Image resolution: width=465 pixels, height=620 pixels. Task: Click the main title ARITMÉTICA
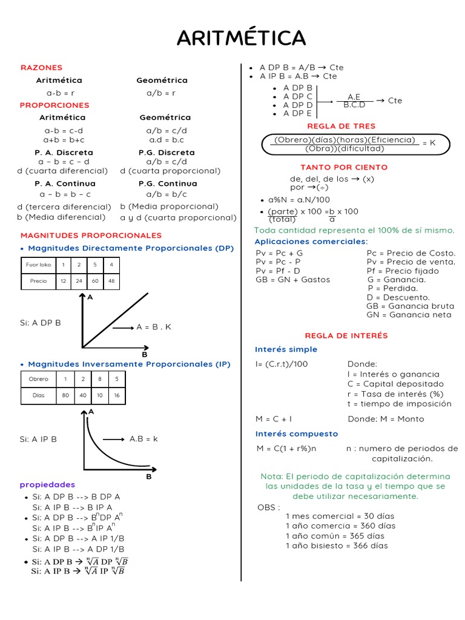[241, 38]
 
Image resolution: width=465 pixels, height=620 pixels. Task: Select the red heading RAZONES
[42, 68]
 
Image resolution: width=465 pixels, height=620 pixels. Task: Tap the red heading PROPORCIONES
[55, 105]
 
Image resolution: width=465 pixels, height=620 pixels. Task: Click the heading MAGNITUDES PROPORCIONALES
[91, 235]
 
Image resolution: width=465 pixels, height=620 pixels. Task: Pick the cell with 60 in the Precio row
[96, 281]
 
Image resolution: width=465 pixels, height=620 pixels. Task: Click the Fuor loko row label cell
[38, 265]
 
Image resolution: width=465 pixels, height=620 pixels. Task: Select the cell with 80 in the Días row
[65, 395]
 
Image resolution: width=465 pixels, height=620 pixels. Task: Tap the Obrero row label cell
[39, 379]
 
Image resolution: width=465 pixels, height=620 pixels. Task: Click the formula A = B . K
[154, 327]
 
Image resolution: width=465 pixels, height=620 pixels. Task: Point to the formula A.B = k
[143, 438]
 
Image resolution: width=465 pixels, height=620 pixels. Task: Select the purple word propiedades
[47, 484]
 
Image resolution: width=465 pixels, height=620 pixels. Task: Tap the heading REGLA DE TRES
[341, 126]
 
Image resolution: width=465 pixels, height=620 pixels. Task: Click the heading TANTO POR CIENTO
[344, 167]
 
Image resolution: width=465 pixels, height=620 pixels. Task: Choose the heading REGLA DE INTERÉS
[346, 335]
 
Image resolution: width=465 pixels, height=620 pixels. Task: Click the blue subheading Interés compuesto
[297, 434]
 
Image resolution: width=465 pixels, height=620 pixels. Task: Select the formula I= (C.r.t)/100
[282, 364]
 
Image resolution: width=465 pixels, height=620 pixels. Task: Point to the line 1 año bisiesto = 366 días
[337, 546]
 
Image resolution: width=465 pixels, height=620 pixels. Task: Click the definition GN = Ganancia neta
[409, 315]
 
